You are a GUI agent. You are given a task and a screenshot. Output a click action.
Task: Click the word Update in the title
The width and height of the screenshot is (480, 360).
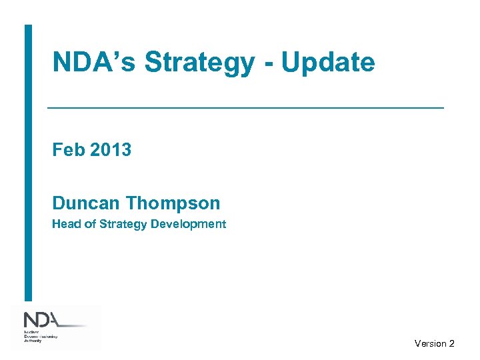click(328, 63)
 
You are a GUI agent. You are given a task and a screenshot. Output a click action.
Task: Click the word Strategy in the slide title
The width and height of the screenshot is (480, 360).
click(199, 63)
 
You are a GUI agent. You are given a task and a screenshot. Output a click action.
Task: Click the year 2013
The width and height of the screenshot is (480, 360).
click(111, 150)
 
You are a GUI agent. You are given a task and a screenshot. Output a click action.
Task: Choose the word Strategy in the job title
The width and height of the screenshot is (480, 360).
click(123, 224)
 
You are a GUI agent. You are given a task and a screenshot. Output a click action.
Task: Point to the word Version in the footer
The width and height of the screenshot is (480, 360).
click(430, 343)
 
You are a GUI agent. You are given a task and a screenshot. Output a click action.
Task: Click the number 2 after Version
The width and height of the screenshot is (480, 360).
click(452, 343)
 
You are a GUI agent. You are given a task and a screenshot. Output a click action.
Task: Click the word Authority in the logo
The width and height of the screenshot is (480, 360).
click(34, 340)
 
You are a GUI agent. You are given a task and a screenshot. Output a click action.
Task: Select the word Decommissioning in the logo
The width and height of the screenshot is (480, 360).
click(41, 336)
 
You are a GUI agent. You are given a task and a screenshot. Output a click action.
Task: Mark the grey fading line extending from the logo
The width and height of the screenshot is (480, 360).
click(73, 325)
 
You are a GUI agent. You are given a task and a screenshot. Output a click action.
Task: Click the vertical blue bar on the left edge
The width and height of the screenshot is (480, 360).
click(28, 163)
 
